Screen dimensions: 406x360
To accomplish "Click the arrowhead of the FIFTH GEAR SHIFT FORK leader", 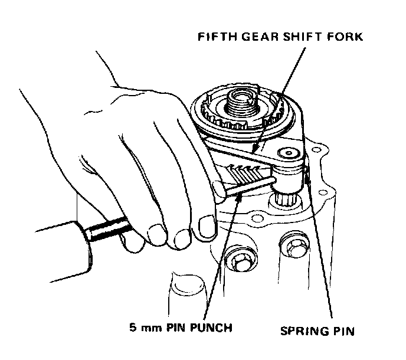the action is pyautogui.click(x=252, y=153).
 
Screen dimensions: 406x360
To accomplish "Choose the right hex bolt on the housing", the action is pyautogui.click(x=292, y=244).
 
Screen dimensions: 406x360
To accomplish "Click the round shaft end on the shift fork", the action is pyautogui.click(x=289, y=153).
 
